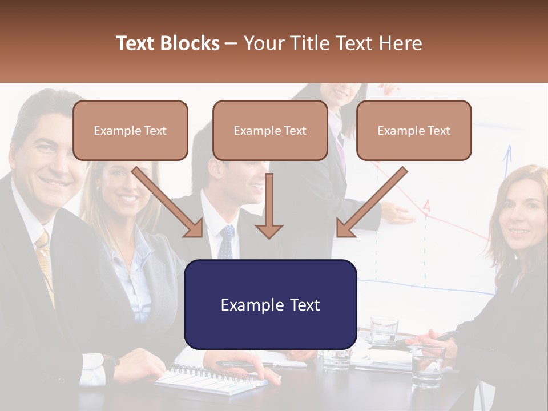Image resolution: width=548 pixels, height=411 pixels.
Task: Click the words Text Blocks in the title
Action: coord(167,43)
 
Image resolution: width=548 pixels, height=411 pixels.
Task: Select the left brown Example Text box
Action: coord(130,130)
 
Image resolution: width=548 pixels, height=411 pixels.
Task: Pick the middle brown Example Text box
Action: coord(270,130)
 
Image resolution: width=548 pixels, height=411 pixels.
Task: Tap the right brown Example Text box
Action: coord(414,130)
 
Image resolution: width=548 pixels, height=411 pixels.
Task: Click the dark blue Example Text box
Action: coord(270,304)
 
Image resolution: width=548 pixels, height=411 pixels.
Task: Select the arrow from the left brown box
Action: coord(167,202)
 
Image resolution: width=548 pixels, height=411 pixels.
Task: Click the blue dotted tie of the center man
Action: coord(227,242)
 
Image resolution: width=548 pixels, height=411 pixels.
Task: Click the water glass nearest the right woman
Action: coord(428,365)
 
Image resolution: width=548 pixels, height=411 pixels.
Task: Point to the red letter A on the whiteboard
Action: coord(426,205)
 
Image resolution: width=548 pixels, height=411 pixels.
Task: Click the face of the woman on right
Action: coord(524,220)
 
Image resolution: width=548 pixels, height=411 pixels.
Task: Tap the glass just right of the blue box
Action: coord(383,331)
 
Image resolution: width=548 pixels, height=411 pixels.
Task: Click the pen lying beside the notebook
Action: coord(240,363)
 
